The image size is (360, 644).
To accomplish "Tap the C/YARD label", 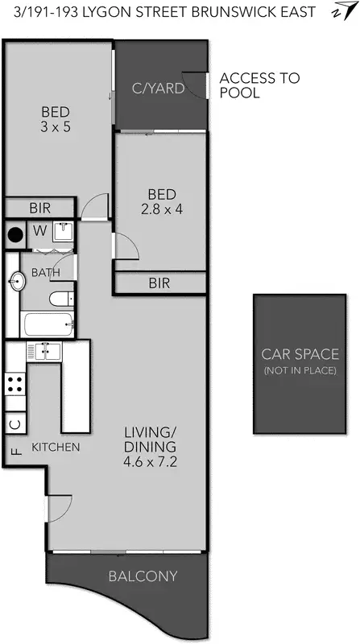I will [158, 89].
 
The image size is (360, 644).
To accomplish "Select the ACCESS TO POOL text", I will [259, 85].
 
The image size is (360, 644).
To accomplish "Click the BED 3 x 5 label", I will [56, 119].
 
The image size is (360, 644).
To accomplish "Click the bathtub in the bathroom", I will [49, 326].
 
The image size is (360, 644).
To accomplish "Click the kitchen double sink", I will [44, 351].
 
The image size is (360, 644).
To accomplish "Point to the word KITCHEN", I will [55, 447].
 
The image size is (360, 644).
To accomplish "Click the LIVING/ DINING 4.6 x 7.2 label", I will [150, 448].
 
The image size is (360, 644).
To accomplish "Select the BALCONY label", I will [143, 576].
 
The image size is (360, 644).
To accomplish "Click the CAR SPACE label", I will [300, 354].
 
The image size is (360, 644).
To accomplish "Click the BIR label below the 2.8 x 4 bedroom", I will [159, 283].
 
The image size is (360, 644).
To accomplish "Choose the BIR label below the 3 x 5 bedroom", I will [39, 208].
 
